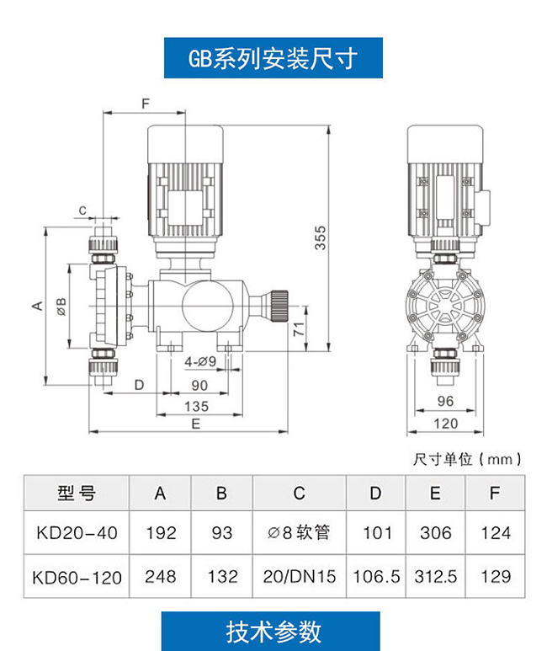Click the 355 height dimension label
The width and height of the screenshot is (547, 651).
point(320,237)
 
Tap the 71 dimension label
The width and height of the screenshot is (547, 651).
point(300,329)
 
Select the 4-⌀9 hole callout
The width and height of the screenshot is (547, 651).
point(200,362)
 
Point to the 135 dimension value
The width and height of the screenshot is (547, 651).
point(196,406)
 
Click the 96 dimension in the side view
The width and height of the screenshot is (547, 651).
point(445,401)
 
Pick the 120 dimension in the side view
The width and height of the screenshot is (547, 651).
point(446,424)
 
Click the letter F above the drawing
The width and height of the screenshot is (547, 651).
point(146,104)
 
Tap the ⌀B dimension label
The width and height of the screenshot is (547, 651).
point(61,307)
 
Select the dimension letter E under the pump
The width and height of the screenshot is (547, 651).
point(196,424)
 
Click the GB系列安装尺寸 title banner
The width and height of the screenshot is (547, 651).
point(273,58)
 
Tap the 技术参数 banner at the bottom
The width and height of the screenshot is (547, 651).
point(271,631)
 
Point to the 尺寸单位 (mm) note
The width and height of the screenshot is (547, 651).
point(467,459)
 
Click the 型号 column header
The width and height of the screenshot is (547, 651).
point(77,494)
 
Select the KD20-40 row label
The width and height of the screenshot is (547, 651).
point(77,532)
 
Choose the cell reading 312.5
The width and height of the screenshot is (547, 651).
point(435,576)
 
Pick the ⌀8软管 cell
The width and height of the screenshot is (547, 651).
point(299,532)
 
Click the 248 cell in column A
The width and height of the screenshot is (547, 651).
point(160,576)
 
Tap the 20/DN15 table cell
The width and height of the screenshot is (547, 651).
point(300,576)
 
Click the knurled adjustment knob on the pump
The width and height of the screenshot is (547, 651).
point(279,306)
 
